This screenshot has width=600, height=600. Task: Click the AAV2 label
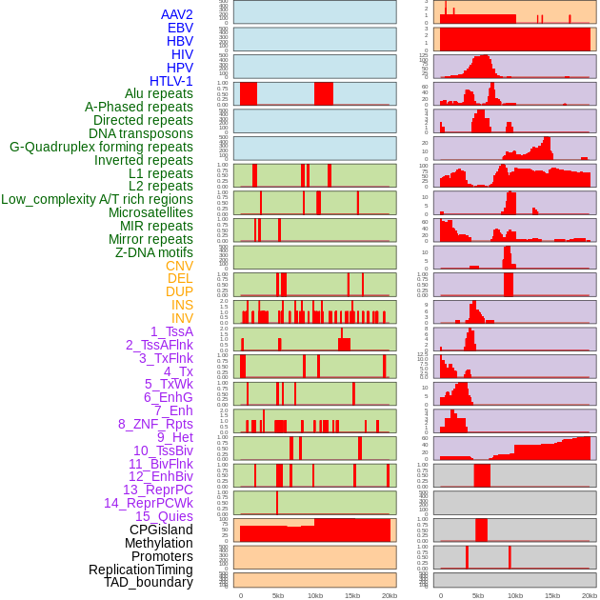click(177, 14)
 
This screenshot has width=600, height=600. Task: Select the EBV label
click(180, 28)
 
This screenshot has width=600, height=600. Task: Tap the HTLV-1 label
click(171, 81)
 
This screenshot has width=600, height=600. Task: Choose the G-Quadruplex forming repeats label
click(101, 147)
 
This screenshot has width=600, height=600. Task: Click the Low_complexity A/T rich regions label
click(97, 199)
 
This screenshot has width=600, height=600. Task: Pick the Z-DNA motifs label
click(154, 252)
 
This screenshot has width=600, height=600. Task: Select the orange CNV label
click(179, 266)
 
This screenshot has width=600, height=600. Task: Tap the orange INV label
click(182, 318)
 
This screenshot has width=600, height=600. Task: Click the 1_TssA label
click(171, 331)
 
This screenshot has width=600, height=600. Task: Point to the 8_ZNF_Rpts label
click(155, 424)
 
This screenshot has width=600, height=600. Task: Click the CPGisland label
click(161, 530)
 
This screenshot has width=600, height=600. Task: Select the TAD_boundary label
click(149, 582)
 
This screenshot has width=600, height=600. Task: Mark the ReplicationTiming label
click(141, 570)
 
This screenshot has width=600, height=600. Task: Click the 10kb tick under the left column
click(315, 595)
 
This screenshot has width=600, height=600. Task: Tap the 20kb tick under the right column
click(590, 595)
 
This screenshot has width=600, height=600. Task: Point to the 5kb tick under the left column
click(278, 595)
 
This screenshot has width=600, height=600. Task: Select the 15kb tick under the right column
click(552, 595)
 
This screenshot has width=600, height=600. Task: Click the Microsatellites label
click(150, 212)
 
